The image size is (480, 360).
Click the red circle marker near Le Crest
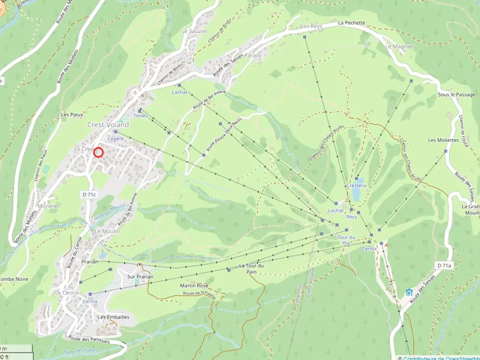(98, 152)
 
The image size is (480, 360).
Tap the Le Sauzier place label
(194, 31)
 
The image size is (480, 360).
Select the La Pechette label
(351, 23)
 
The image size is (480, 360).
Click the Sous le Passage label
(456, 95)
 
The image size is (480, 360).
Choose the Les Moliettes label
(443, 140)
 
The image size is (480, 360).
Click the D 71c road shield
(88, 194)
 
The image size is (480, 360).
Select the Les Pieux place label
(72, 115)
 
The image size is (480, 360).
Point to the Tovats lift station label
(141, 116)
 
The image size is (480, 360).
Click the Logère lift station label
(116, 139)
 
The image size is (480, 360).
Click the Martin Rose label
(194, 286)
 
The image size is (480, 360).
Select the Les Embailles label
(113, 317)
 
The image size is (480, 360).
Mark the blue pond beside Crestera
(356, 194)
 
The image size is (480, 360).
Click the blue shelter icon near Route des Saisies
(408, 292)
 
